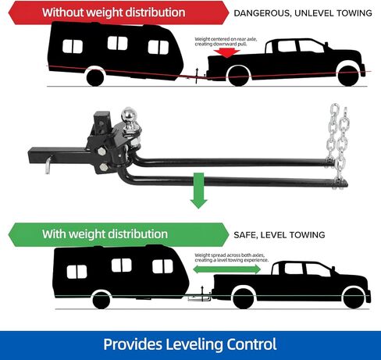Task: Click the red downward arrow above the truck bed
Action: coord(226,53)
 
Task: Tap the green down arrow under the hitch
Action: coord(199,191)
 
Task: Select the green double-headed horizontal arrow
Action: coord(226,269)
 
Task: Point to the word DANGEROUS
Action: coord(262,13)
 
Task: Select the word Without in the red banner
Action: coord(62,12)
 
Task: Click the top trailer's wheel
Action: coord(95,77)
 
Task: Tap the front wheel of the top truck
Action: coord(349,76)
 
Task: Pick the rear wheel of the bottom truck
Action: coord(243,299)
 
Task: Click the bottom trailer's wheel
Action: coord(101,300)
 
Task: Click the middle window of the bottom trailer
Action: coord(122,266)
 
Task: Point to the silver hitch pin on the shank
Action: coord(48,165)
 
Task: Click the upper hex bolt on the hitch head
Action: coord(101,151)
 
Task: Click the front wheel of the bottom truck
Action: coord(353,299)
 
